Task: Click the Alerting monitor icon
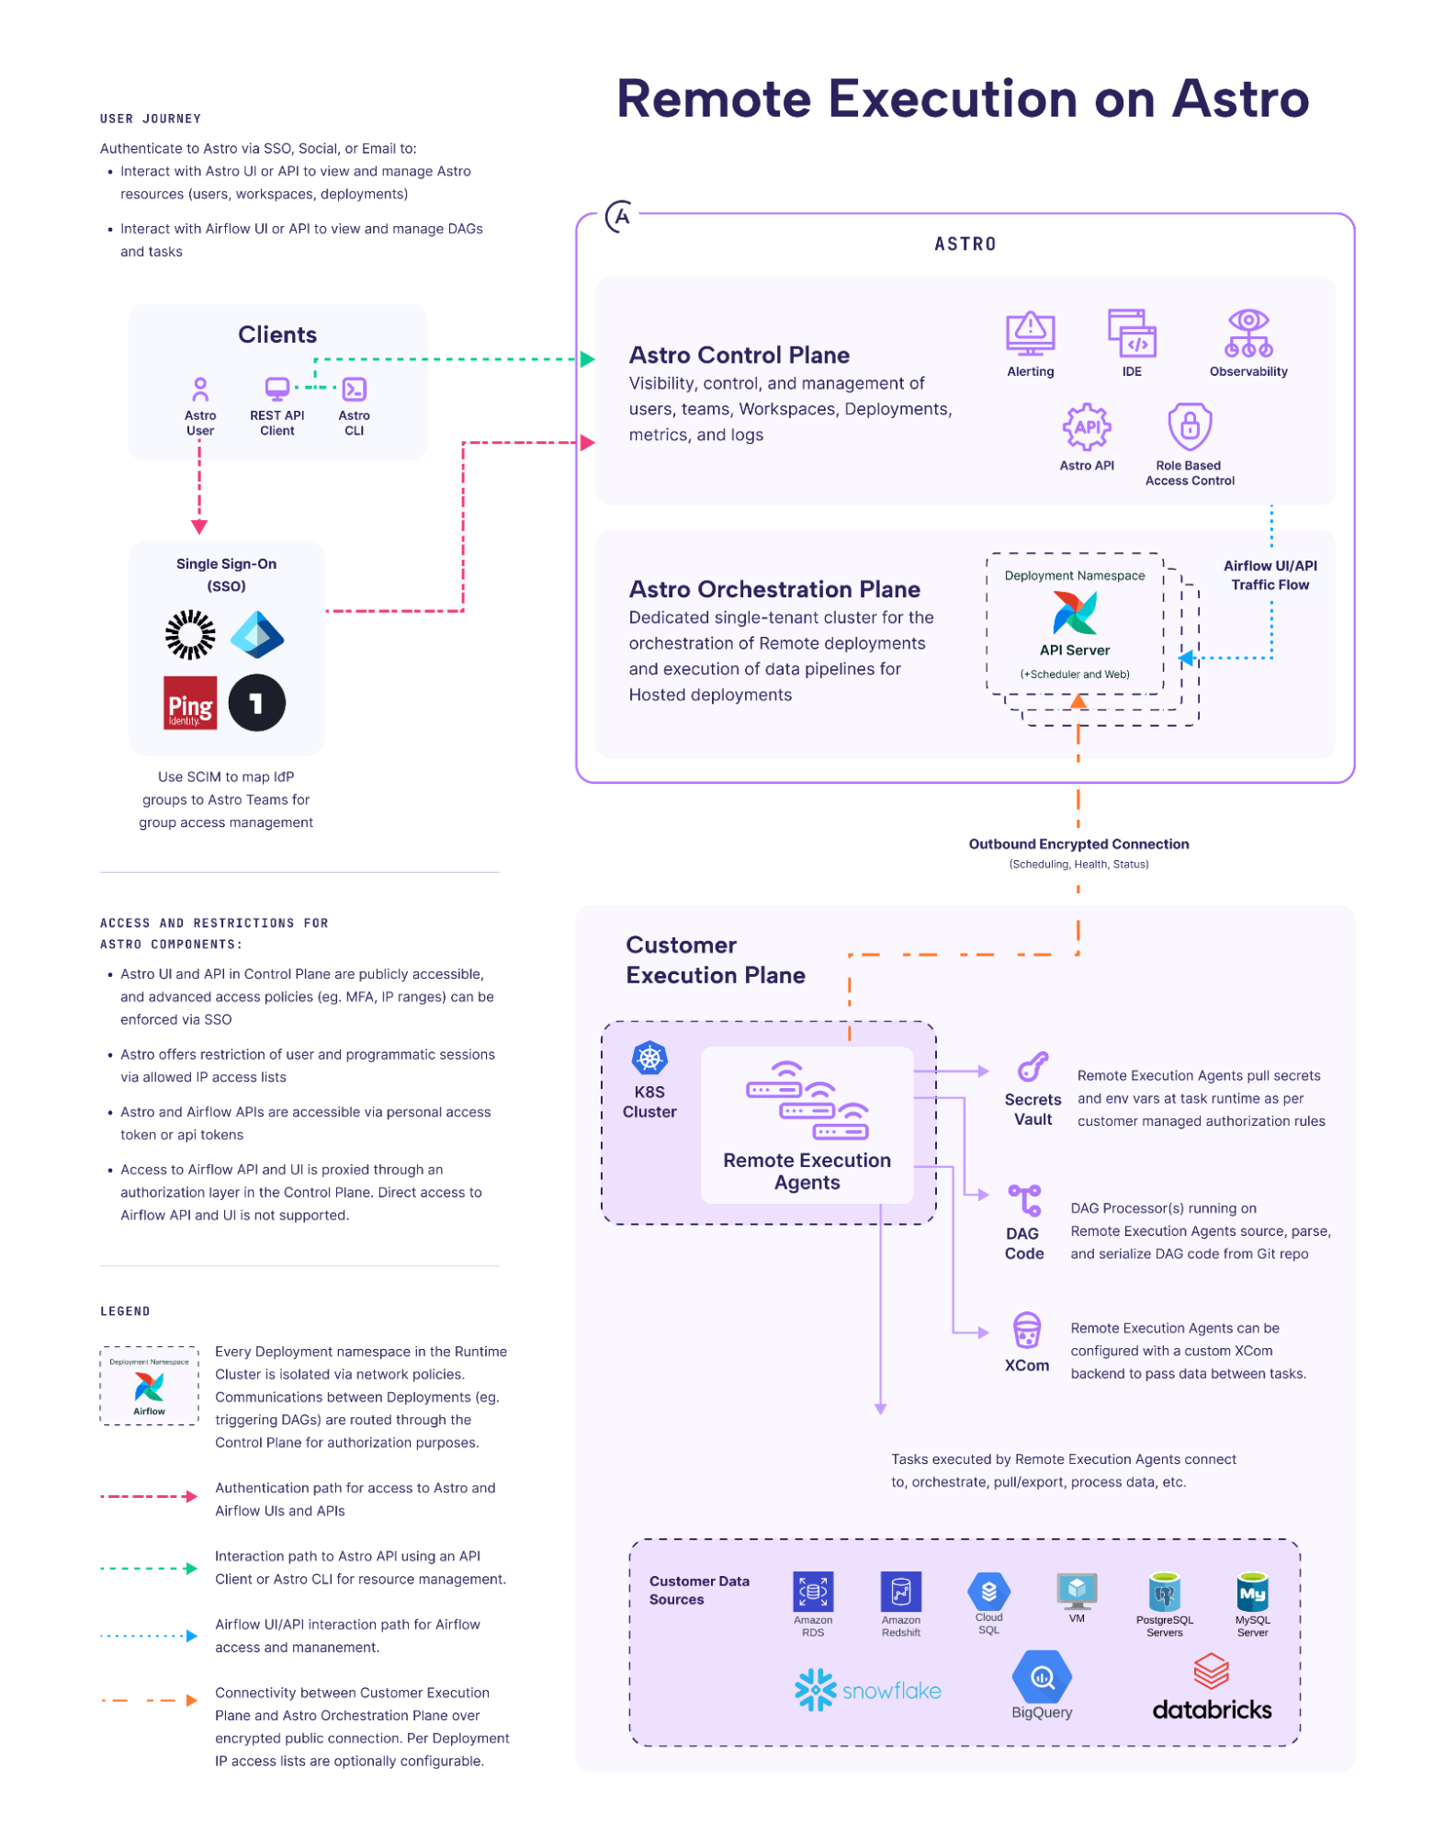pos(1030,333)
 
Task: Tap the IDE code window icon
pos(1132,333)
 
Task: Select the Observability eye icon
pos(1248,333)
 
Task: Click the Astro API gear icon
pos(1087,427)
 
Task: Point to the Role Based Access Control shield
pos(1190,426)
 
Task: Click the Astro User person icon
pos(200,390)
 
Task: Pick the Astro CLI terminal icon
pos(355,390)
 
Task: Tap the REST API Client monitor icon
pos(277,390)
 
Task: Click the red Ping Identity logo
pos(190,703)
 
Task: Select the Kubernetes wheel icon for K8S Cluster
pos(649,1058)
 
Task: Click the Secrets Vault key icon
pos(1033,1067)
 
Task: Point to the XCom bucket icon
pos(1026,1330)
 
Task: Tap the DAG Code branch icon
pos(1024,1200)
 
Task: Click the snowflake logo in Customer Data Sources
pos(868,1690)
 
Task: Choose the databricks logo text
pos(1212,1709)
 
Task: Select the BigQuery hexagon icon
pos(1042,1676)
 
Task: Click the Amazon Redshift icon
pos(901,1591)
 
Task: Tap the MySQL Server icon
pos(1252,1592)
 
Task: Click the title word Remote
pos(716,98)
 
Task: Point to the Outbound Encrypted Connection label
pos(1078,844)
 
